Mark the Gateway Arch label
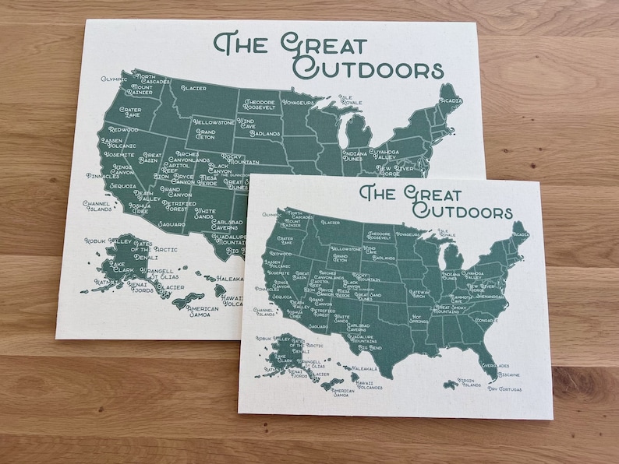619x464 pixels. click(x=419, y=294)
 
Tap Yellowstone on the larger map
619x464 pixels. click(x=213, y=123)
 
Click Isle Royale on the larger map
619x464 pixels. click(x=350, y=100)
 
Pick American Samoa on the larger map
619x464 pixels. click(x=201, y=311)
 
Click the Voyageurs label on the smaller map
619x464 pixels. click(x=408, y=234)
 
